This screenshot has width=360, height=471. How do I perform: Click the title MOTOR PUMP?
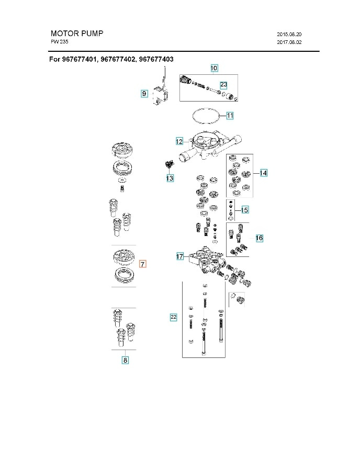tap(77, 33)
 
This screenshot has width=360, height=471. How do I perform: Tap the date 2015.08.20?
tap(289, 35)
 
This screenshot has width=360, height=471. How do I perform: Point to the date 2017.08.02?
tap(289, 42)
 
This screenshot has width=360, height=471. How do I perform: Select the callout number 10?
tap(214, 68)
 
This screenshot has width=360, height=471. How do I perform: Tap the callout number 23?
tap(223, 84)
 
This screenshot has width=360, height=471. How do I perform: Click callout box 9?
tap(144, 93)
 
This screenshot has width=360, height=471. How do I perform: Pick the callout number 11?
tap(230, 115)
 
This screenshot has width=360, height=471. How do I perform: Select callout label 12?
tap(179, 141)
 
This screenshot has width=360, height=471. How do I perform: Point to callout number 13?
tap(170, 178)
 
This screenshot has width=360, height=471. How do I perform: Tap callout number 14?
tap(263, 173)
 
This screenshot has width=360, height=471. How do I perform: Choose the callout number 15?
tap(244, 210)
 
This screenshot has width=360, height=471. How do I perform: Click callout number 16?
tap(259, 238)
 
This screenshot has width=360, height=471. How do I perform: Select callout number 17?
tap(179, 256)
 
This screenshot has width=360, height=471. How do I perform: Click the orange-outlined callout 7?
tap(143, 264)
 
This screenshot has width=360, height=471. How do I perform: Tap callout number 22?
tap(173, 317)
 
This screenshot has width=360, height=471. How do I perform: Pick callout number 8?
tap(125, 360)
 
